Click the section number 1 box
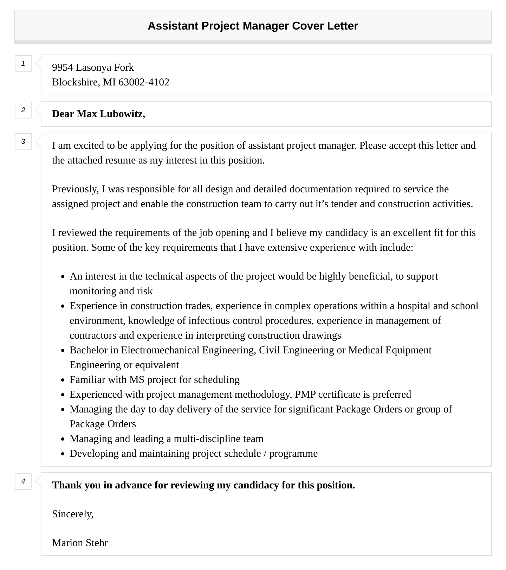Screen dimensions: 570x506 23,64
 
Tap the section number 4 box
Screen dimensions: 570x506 23,481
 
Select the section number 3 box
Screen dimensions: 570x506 23,141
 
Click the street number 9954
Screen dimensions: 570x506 62,68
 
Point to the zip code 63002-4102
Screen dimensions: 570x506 144,82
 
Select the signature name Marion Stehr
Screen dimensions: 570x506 80,543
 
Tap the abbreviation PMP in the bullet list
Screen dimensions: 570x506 305,395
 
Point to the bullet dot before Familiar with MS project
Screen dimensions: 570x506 63,380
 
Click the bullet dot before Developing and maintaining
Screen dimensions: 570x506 63,454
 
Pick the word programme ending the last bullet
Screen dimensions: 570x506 293,454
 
